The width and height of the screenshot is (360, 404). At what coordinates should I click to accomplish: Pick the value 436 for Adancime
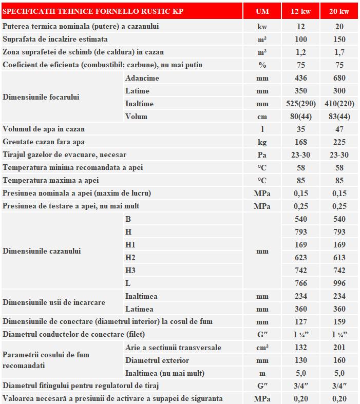(300, 78)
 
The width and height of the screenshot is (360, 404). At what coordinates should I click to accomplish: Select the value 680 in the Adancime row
(339, 78)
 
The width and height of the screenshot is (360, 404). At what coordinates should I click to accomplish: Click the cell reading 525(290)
(300, 104)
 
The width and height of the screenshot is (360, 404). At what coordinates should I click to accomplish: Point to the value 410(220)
(339, 104)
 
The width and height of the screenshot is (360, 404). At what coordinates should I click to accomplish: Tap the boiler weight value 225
(339, 142)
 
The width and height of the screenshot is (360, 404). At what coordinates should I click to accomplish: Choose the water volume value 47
(339, 129)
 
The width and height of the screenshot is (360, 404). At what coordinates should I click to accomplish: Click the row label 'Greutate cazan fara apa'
(44, 142)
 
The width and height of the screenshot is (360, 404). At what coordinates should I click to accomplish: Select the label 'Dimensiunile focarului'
(41, 97)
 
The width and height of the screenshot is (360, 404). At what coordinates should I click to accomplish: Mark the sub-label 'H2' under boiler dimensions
(130, 257)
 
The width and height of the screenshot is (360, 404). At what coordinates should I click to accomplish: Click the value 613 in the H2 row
(339, 257)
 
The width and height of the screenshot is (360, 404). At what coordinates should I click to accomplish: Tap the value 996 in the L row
(339, 283)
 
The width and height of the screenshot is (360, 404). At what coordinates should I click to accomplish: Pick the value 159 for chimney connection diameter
(339, 321)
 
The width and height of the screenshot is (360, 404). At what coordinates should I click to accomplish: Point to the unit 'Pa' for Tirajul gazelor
(262, 155)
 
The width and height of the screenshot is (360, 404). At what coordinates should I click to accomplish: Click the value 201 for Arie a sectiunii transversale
(339, 348)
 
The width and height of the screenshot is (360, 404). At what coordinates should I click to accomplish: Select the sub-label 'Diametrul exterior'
(157, 360)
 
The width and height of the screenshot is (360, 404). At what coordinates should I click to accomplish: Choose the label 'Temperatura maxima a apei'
(51, 180)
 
